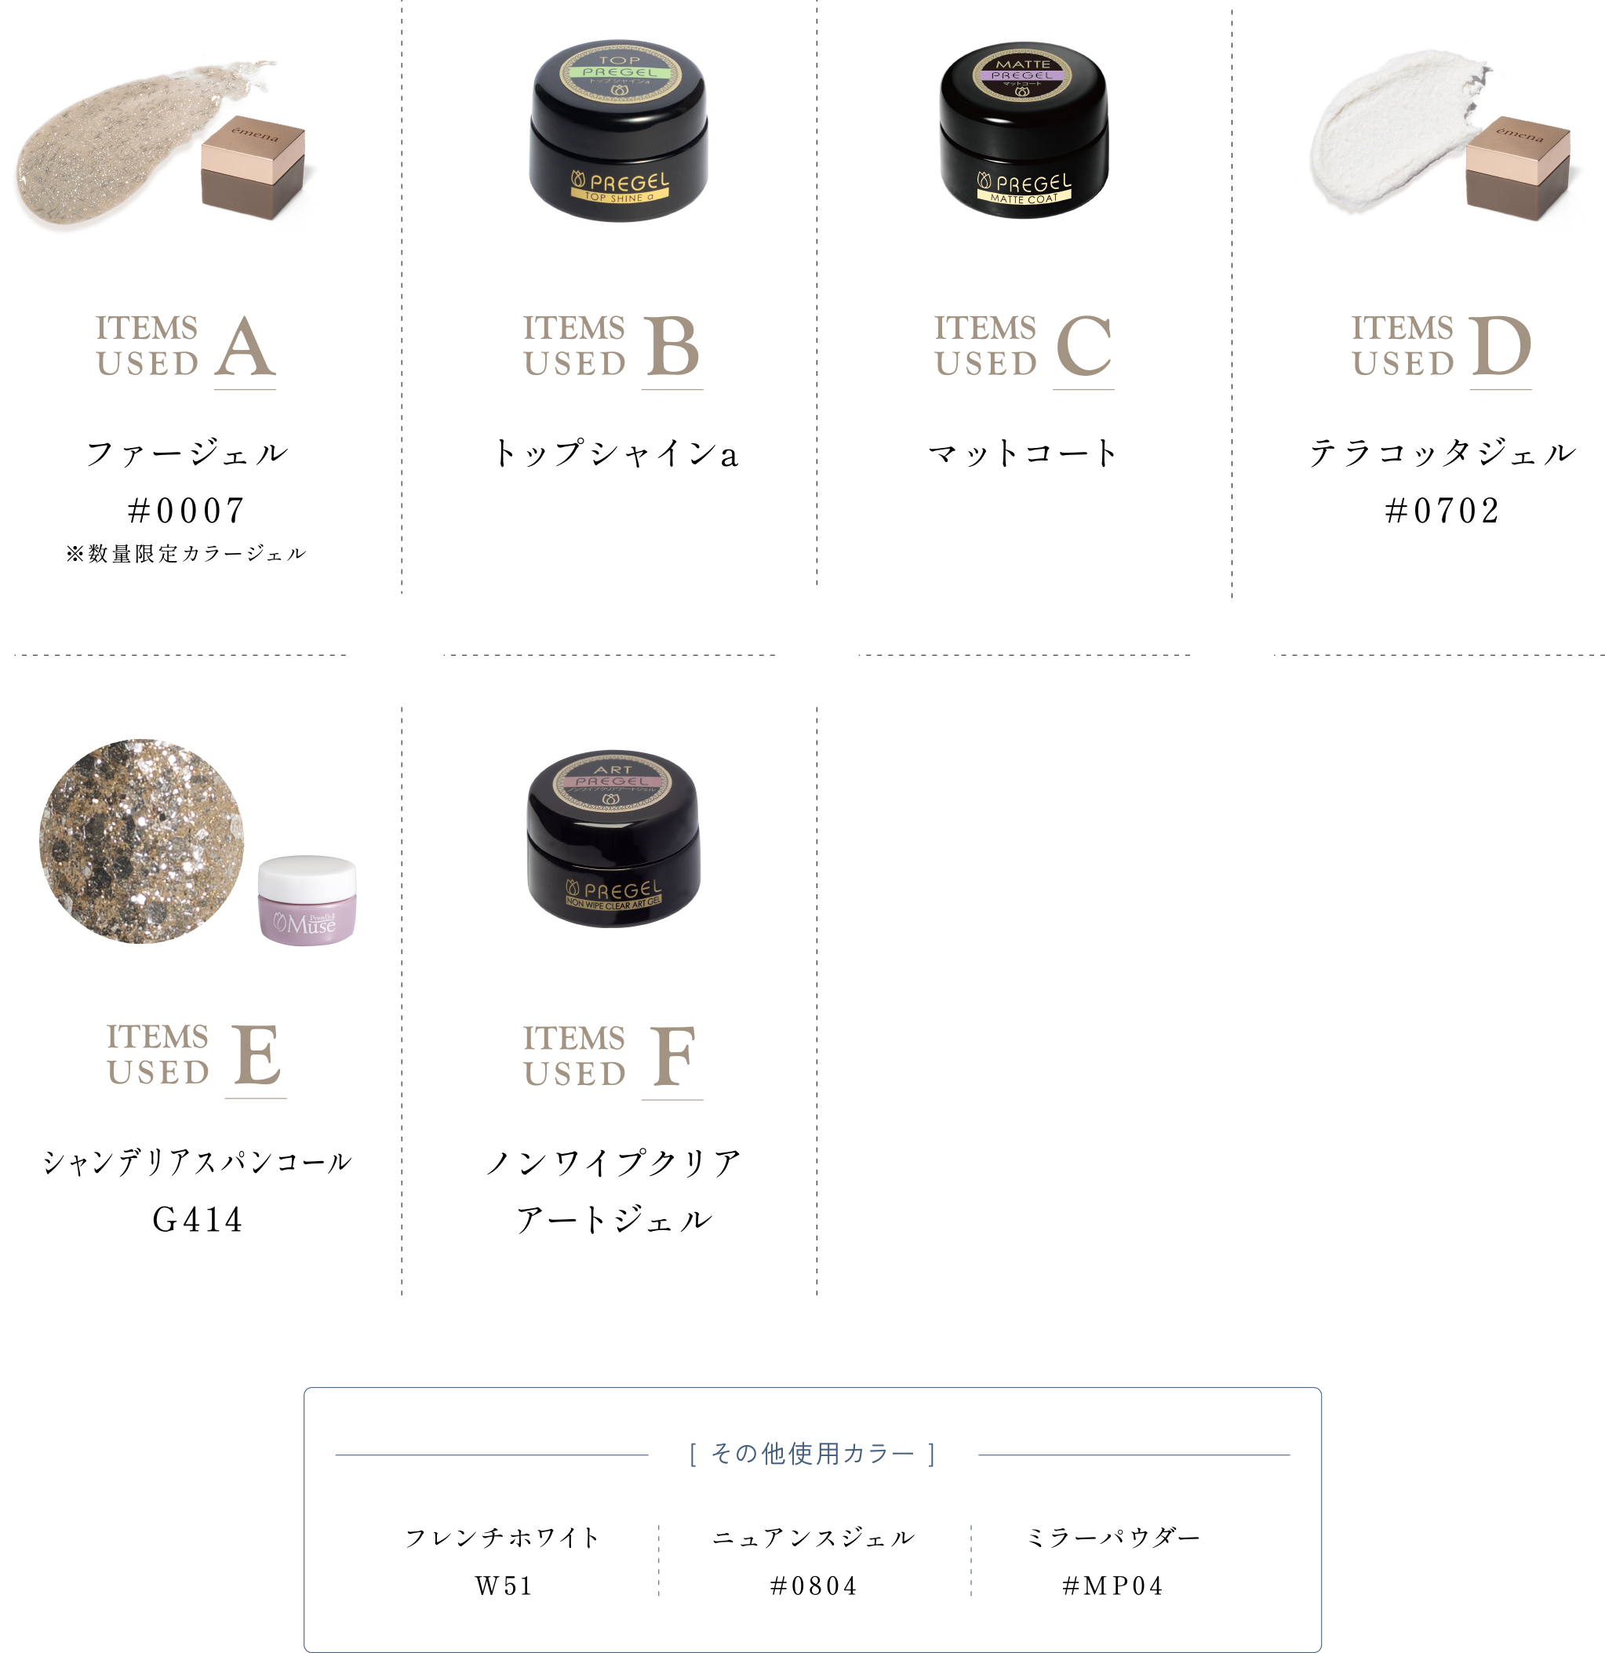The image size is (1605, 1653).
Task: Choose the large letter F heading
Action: (x=672, y=1056)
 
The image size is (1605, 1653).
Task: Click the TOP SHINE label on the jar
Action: (x=619, y=196)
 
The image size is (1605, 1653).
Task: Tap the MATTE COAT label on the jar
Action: (x=1023, y=199)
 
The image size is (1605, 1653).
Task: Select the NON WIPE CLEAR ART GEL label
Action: (x=613, y=903)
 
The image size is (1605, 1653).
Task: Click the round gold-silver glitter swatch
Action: (x=142, y=841)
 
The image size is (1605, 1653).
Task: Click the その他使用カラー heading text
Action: (x=812, y=1454)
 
